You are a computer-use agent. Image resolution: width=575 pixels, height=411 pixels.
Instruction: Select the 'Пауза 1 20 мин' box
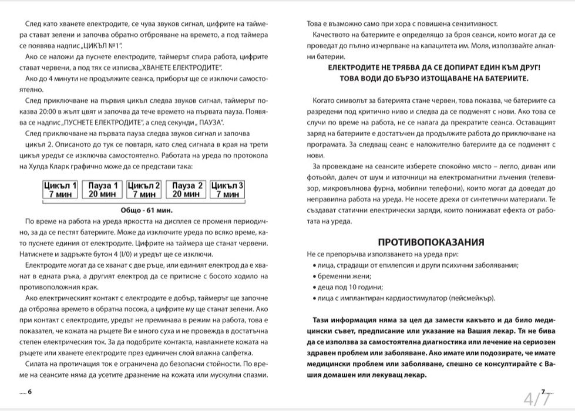(102, 190)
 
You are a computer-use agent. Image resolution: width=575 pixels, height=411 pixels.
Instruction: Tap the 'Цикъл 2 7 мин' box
(144, 190)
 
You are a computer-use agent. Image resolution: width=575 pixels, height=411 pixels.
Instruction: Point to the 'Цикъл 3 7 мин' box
(227, 190)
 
